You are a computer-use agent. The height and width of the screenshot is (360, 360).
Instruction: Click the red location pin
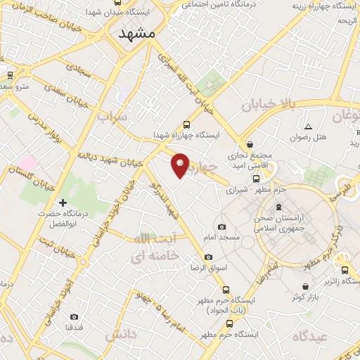(181, 165)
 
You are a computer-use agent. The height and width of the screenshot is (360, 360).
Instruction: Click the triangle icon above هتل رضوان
(308, 127)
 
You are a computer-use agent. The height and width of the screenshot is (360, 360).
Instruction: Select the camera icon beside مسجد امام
(222, 226)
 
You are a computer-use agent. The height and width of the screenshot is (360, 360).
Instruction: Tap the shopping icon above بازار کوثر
(305, 287)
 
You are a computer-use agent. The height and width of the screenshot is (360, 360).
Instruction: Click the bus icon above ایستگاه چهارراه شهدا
(186, 122)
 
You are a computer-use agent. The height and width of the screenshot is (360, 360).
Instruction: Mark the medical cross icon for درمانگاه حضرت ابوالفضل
(63, 203)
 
